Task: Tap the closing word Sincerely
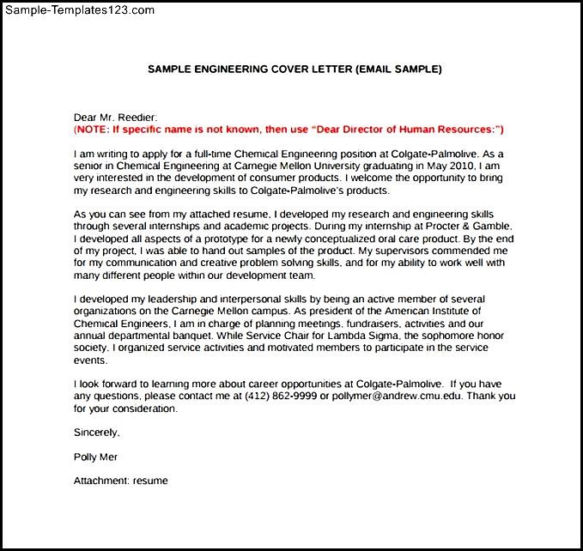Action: click(x=96, y=433)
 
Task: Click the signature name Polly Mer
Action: click(x=96, y=457)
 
